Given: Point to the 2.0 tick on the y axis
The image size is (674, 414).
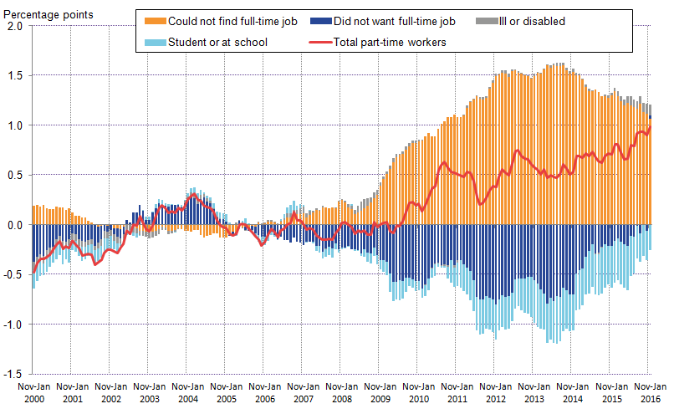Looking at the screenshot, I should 16,26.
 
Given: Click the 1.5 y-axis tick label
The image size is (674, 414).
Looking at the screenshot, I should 16,75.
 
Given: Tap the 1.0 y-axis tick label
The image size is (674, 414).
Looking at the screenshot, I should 16,125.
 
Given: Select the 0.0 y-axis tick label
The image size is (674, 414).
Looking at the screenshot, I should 16,225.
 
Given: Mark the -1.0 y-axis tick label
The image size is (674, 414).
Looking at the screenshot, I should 14,325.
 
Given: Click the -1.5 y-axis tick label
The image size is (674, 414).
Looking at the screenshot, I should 14,374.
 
